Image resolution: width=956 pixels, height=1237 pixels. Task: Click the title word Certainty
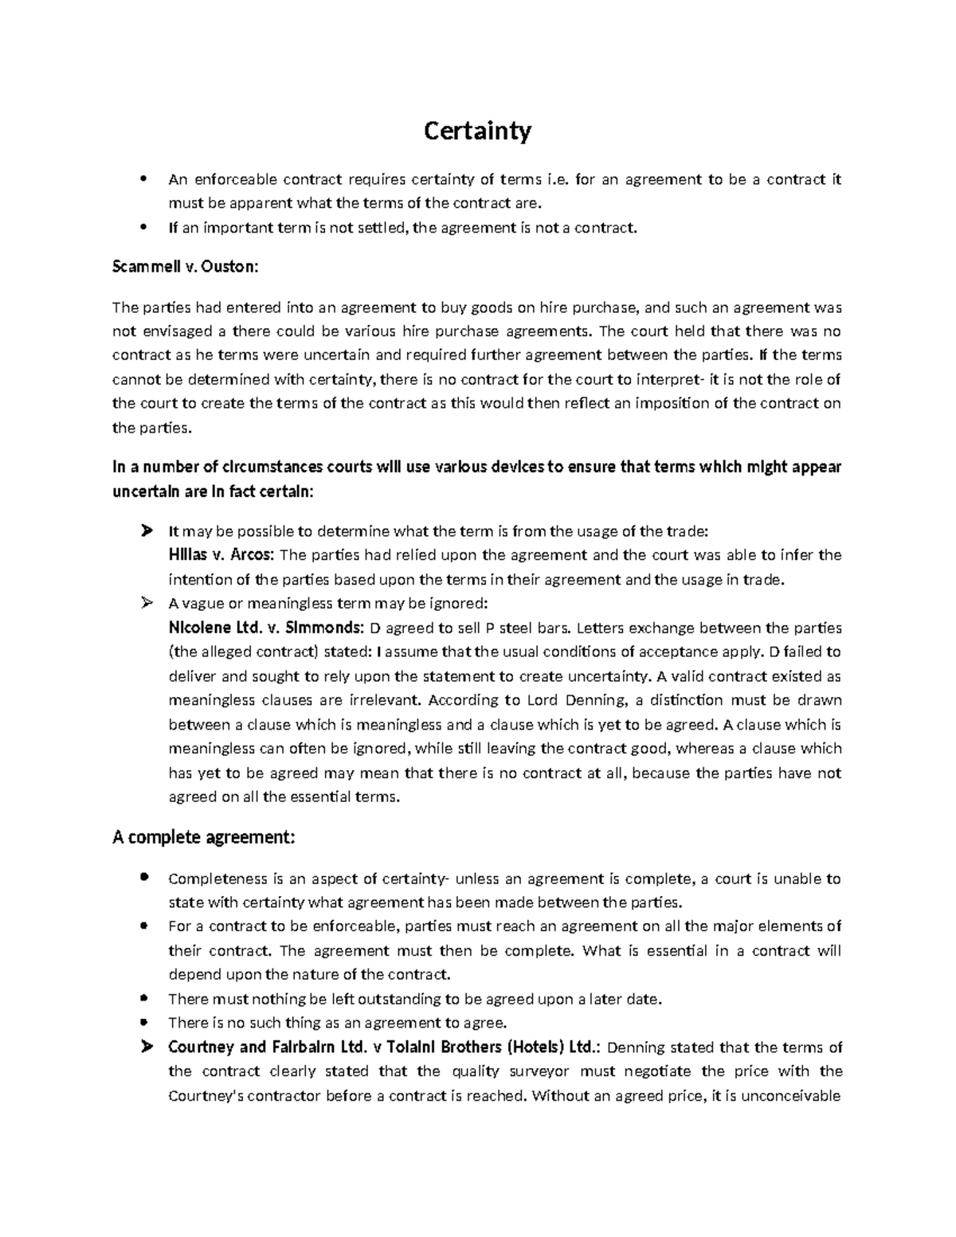point(476,131)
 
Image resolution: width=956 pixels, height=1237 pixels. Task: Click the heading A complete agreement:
point(204,837)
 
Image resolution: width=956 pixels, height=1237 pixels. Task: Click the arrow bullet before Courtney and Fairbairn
point(146,1047)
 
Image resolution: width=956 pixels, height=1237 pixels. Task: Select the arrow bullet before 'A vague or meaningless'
point(146,603)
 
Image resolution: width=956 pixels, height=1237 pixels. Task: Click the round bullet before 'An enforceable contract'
point(144,179)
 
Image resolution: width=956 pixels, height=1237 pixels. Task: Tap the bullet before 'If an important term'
point(144,228)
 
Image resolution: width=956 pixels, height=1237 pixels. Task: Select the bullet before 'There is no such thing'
point(144,1023)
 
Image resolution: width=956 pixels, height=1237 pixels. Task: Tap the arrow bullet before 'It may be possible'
point(146,530)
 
